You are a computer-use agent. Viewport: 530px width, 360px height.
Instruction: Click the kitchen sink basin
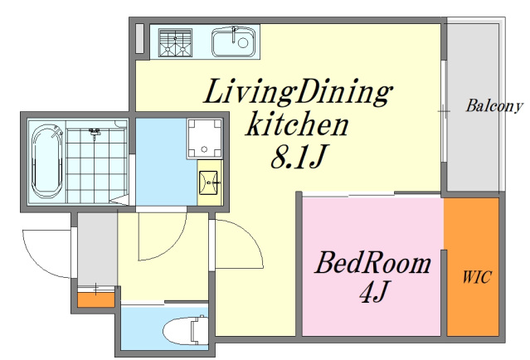tap(234, 42)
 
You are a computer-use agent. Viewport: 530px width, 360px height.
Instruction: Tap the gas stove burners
tap(176, 42)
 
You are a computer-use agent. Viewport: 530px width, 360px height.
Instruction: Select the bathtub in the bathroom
tap(47, 162)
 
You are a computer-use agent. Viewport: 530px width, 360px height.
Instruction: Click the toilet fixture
tap(185, 330)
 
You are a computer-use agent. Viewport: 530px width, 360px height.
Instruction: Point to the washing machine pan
tap(205, 139)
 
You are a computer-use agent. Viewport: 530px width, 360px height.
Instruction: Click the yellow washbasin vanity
tap(210, 182)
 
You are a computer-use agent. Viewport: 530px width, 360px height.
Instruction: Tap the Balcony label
tap(494, 106)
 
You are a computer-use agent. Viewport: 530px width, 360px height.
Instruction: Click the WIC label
tap(477, 278)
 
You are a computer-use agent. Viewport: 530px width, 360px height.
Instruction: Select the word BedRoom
tap(373, 263)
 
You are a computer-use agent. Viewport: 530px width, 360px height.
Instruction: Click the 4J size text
tap(373, 292)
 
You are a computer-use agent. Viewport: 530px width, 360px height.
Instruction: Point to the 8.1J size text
tap(298, 156)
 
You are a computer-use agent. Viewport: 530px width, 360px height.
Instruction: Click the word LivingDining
tap(298, 91)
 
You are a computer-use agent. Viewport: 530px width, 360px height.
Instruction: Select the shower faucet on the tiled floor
tap(95, 132)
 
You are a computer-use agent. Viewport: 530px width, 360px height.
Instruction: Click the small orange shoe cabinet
tap(96, 299)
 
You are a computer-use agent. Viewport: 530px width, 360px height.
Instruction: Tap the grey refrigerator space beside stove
tap(139, 38)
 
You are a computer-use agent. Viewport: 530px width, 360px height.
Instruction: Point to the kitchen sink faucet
tap(234, 34)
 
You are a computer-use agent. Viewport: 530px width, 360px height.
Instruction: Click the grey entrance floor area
tap(97, 250)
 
